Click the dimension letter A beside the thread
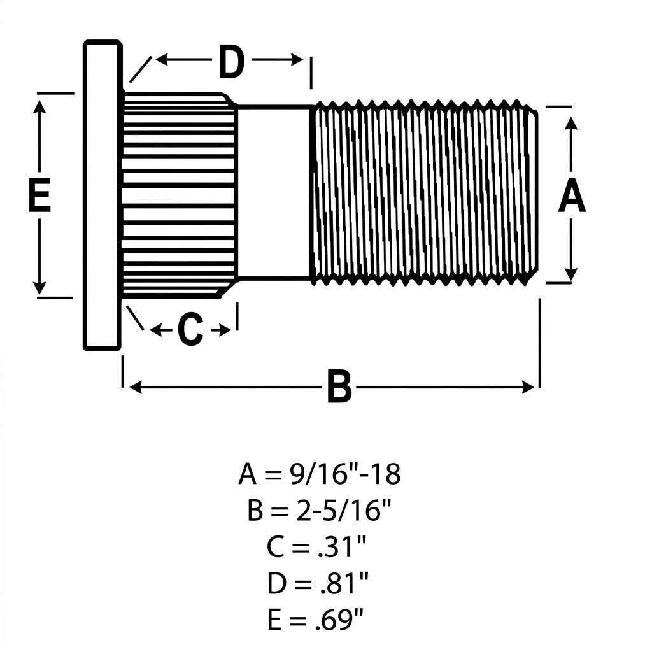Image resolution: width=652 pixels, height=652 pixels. (x=572, y=195)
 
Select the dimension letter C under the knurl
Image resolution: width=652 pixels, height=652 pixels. (x=190, y=330)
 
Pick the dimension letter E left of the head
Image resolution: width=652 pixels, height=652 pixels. (x=39, y=195)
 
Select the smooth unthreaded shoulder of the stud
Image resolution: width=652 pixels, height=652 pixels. (x=274, y=192)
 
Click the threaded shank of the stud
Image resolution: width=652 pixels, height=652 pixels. (x=424, y=192)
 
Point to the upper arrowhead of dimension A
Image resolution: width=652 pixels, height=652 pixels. (x=572, y=124)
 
